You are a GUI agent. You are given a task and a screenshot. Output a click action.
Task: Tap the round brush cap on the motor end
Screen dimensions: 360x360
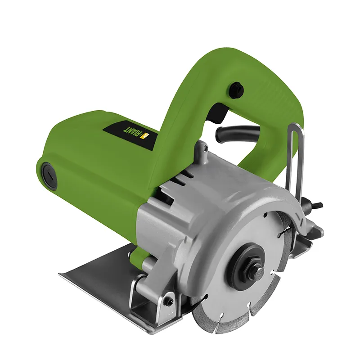click(49, 176)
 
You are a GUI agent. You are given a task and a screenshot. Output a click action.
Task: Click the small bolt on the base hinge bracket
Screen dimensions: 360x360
click(170, 301)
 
